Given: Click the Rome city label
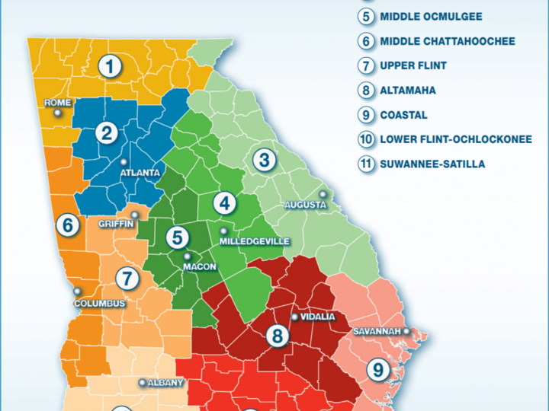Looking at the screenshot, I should point(58,102).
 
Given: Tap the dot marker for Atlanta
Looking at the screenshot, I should point(124,161).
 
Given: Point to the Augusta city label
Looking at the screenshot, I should point(305,205).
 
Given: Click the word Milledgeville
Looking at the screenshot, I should point(255,241).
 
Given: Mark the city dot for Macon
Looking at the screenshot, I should point(188,256).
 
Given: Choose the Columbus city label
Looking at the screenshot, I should point(99,303).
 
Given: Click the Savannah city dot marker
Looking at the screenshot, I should point(406,331).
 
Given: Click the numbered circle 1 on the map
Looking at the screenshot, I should point(111,67).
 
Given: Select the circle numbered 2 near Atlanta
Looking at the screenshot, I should point(106,135).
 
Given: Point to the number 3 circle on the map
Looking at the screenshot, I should point(265,161).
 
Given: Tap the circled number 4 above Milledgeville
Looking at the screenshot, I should point(224,203).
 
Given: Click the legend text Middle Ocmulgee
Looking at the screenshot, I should point(431,16).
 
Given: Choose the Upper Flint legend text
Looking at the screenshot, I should point(413,65).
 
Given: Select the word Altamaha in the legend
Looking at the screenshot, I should point(408,90).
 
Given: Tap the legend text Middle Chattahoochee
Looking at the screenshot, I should point(447,41).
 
